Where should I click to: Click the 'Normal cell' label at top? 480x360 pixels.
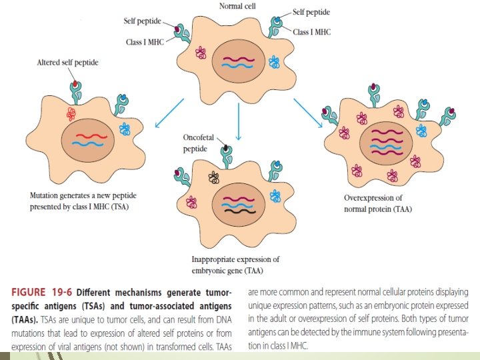(241, 6)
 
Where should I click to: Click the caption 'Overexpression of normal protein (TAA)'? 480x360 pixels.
(373, 203)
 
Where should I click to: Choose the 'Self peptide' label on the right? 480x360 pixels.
(312, 12)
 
